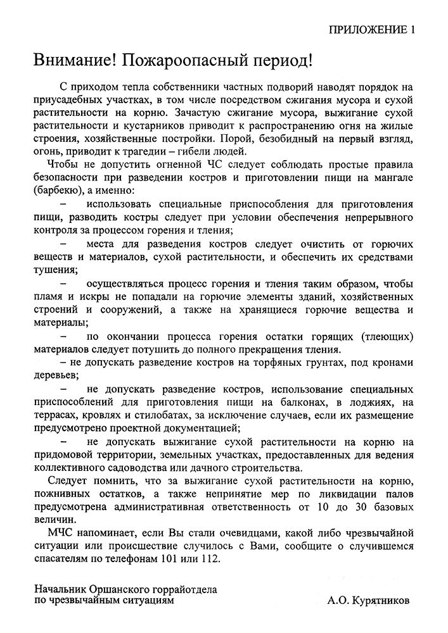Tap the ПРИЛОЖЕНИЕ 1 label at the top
pos(374,30)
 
